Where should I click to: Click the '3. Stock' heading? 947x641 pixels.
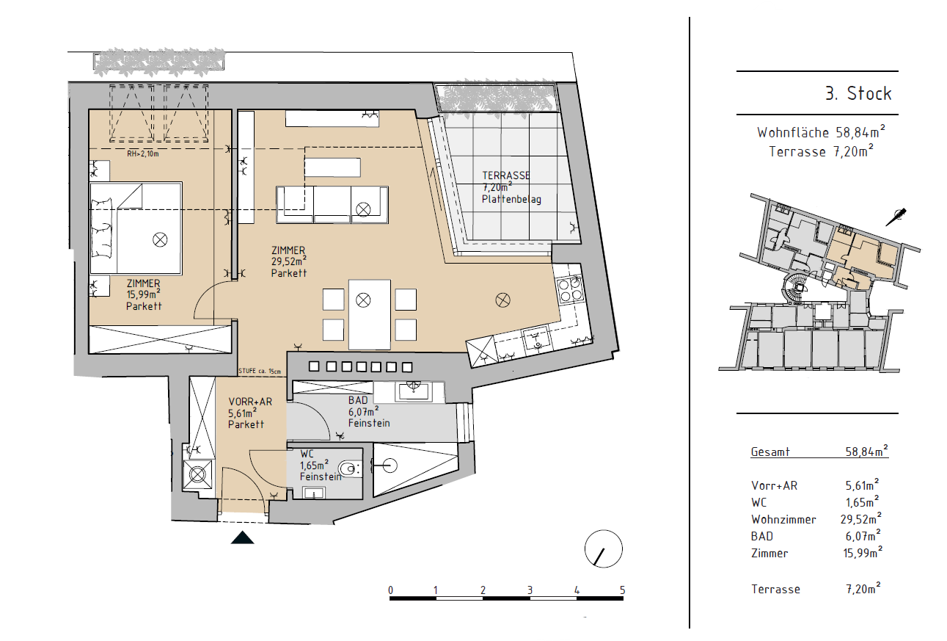click(858, 93)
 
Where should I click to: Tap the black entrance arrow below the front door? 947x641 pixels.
click(242, 537)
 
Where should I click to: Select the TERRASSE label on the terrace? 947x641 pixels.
click(506, 175)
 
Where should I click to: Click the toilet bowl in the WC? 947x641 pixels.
click(349, 468)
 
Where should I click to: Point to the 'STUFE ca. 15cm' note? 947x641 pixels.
click(260, 371)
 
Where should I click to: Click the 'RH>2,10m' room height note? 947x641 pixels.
click(143, 153)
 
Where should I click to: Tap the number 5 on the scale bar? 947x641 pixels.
click(622, 590)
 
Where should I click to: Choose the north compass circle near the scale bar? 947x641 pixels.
click(603, 548)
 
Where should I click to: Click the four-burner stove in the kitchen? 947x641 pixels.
click(569, 289)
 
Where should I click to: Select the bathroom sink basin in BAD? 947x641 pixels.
click(414, 391)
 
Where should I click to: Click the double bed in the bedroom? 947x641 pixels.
click(136, 228)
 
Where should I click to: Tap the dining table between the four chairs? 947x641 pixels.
click(369, 314)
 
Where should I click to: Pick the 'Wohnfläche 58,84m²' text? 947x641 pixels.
click(821, 132)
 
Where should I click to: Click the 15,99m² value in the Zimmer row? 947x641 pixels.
click(863, 552)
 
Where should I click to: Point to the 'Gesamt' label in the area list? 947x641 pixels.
click(770, 452)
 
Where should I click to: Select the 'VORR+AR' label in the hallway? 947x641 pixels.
click(250, 402)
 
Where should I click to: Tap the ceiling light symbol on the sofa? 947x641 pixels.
click(363, 209)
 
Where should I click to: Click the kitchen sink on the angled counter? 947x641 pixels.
click(536, 339)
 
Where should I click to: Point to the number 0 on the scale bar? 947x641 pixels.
click(390, 590)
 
